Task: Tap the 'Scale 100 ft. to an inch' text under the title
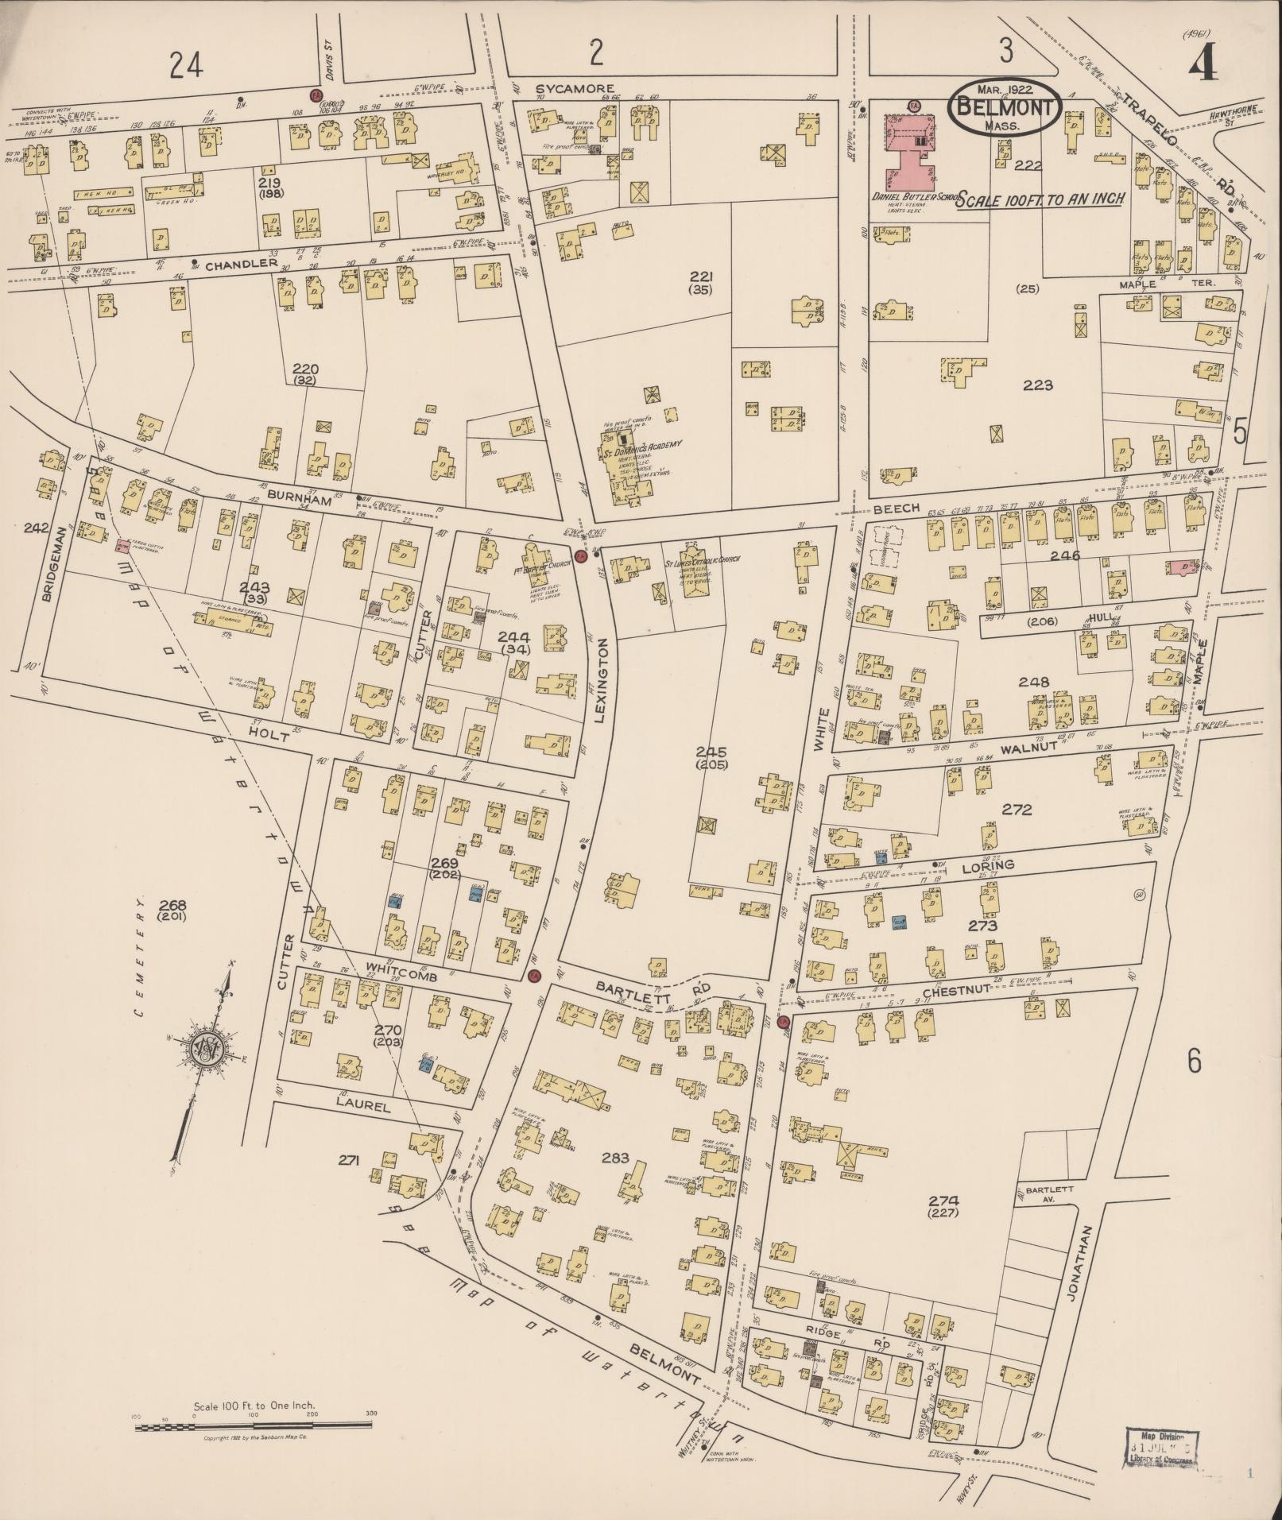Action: coord(1040,199)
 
